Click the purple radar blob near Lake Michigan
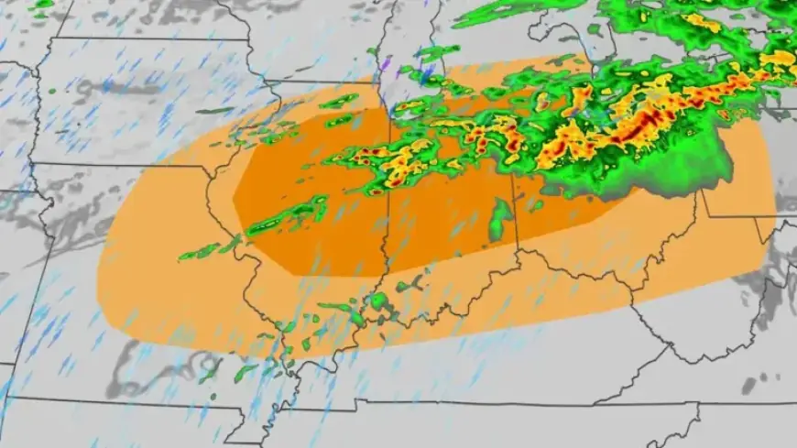pos(387,65)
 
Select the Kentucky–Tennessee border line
pos(476,402)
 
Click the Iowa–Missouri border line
pos(119,165)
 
